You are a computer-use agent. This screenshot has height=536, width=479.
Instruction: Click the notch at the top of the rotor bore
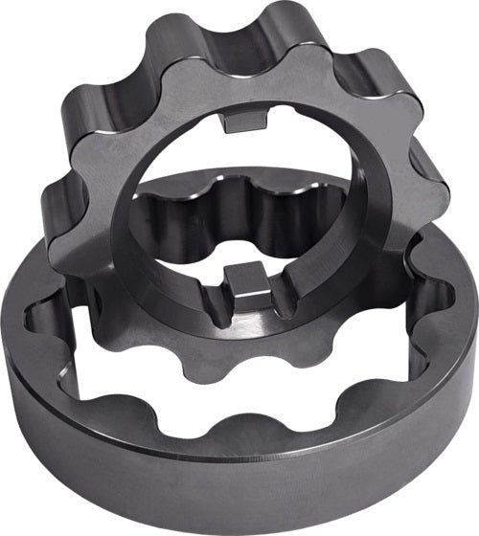coord(245,123)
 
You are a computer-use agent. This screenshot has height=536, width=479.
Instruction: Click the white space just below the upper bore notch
coord(245,144)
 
